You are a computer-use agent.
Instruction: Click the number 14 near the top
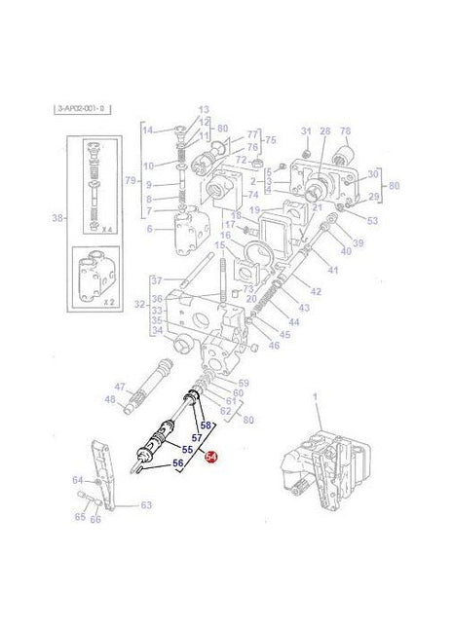(x=147, y=129)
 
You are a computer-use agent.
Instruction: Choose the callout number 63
(x=147, y=504)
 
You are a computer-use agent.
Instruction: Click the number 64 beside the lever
(x=77, y=480)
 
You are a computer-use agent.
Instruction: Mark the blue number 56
(x=178, y=463)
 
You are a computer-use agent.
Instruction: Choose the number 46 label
(x=274, y=345)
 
